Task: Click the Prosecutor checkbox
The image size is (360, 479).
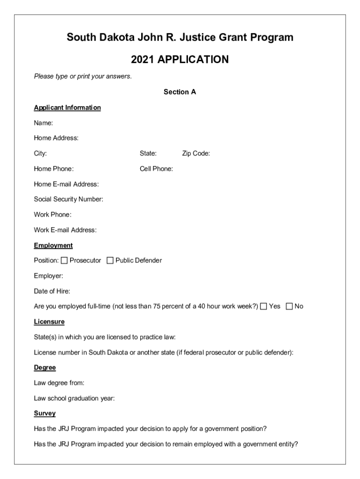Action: coord(64,261)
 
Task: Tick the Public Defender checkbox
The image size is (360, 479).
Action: coord(110,261)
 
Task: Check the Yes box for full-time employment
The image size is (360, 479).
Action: coord(264,306)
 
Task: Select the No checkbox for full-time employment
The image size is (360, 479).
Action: coord(289,306)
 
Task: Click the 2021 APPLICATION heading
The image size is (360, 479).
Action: coord(180,60)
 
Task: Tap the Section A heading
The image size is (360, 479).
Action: coord(180,92)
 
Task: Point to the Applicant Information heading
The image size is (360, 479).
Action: coord(67,108)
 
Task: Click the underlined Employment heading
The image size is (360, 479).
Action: coord(53,246)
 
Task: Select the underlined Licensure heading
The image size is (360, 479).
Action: coord(49,322)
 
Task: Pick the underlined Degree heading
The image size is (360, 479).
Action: coord(45,368)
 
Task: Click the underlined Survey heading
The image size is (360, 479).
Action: coord(45,414)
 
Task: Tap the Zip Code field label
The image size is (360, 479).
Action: coord(196,153)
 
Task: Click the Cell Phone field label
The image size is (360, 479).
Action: coord(156,169)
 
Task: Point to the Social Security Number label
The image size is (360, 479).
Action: coord(69,199)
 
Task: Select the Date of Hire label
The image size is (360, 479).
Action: coord(52,291)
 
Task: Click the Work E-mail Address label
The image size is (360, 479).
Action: coord(65,230)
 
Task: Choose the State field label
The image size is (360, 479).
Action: coord(148,153)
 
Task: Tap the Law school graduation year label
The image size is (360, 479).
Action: coord(74,399)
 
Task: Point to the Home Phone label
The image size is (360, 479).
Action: coord(54,169)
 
